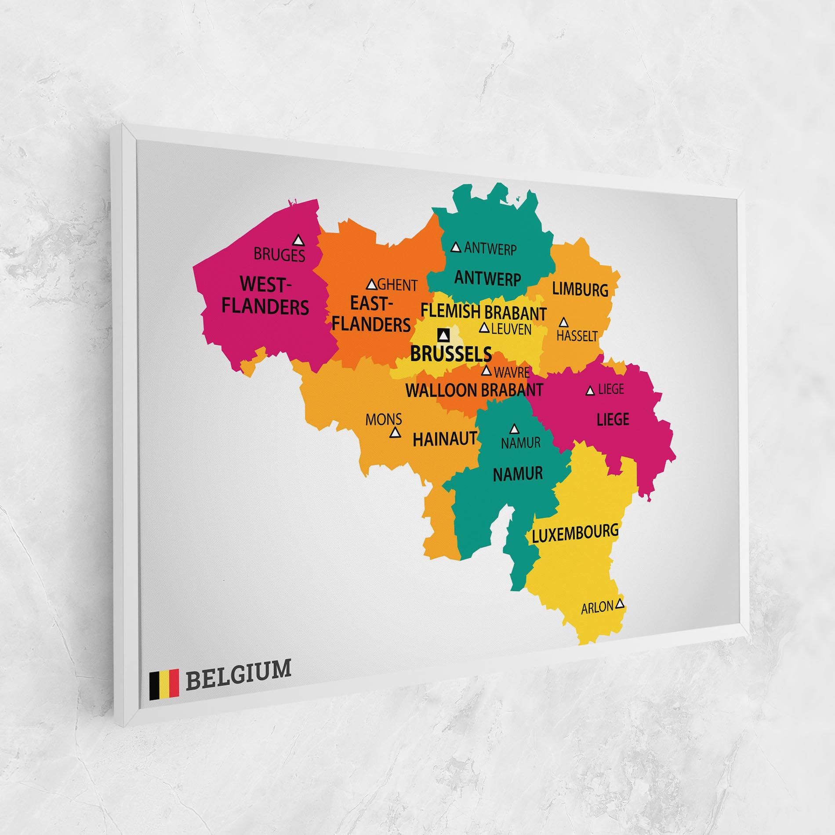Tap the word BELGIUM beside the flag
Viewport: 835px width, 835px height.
pyautogui.click(x=238, y=680)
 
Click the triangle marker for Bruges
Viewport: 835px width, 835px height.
pyautogui.click(x=299, y=240)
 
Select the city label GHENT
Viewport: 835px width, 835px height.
pyautogui.click(x=397, y=285)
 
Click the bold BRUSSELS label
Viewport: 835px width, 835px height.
pyautogui.click(x=451, y=354)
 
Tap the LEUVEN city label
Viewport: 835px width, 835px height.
pyautogui.click(x=511, y=329)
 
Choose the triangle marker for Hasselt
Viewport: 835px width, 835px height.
pyautogui.click(x=564, y=322)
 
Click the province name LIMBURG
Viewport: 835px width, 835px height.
pyautogui.click(x=580, y=290)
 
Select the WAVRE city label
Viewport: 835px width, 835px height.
pyautogui.click(x=512, y=373)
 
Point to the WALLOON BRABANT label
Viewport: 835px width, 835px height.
pyautogui.click(x=474, y=390)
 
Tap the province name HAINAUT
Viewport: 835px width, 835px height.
pyautogui.click(x=445, y=439)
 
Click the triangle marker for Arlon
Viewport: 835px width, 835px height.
pyautogui.click(x=620, y=603)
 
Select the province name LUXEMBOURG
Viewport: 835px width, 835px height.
pyautogui.click(x=575, y=533)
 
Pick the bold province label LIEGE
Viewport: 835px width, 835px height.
pyautogui.click(x=613, y=419)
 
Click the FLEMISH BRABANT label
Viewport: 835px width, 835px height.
pyautogui.click(x=484, y=312)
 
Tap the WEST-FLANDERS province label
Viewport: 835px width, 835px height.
pyautogui.click(x=265, y=295)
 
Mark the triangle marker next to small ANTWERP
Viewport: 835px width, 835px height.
pyautogui.click(x=456, y=247)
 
